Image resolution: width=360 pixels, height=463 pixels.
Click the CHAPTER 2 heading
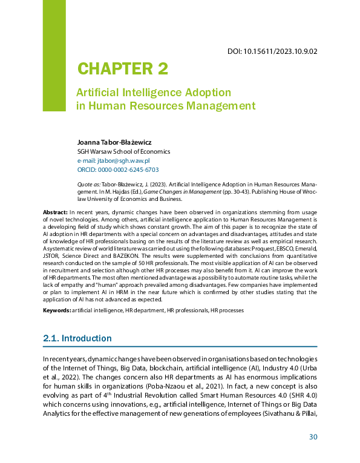point(122,69)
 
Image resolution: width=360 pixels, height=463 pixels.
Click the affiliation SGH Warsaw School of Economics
point(123,151)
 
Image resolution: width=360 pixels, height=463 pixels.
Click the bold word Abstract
point(55,212)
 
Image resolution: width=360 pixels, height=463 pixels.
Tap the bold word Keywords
point(56,310)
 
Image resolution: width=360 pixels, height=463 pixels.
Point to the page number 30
point(313,437)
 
